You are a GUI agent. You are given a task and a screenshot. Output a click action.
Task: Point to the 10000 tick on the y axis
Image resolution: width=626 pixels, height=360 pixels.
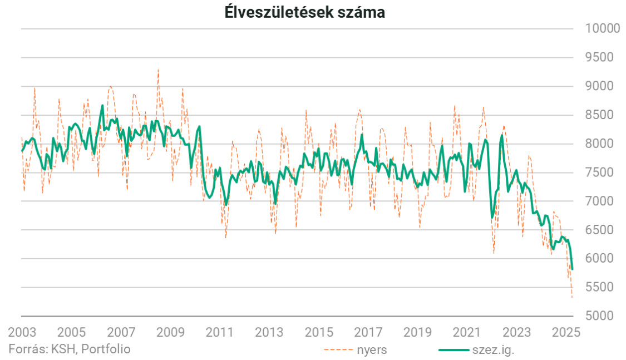click(x=600, y=28)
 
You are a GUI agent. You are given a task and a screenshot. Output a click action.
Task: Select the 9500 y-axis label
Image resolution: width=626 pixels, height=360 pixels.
click(x=600, y=57)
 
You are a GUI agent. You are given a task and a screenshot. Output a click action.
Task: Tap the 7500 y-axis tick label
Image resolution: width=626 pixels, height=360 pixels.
click(x=600, y=172)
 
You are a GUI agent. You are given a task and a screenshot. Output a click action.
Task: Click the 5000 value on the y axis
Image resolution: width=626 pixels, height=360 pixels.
click(x=600, y=316)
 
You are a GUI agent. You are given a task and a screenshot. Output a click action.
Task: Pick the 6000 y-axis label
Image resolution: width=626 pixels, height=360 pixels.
click(x=600, y=259)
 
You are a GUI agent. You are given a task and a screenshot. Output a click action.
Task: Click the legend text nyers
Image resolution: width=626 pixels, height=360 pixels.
click(x=372, y=350)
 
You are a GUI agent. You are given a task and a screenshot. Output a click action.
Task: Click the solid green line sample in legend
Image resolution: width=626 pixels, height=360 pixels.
click(x=454, y=350)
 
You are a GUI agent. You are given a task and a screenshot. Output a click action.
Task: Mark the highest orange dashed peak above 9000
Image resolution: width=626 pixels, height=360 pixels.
click(x=158, y=70)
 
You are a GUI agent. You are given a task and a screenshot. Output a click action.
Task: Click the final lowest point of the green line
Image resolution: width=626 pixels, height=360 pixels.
click(x=573, y=269)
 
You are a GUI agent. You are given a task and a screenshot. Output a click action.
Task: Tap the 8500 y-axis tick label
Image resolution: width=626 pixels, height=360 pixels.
click(x=600, y=115)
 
